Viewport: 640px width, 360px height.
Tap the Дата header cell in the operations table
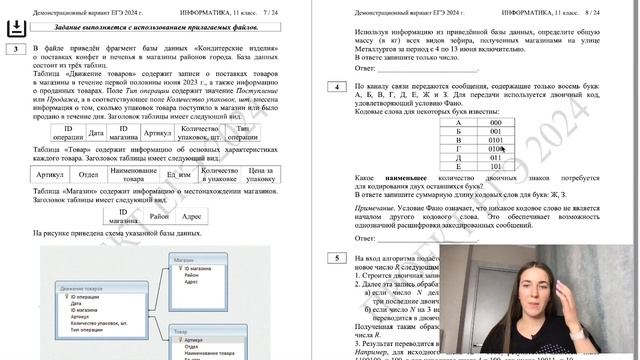(x=96, y=131)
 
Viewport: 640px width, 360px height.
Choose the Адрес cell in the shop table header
(x=193, y=215)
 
